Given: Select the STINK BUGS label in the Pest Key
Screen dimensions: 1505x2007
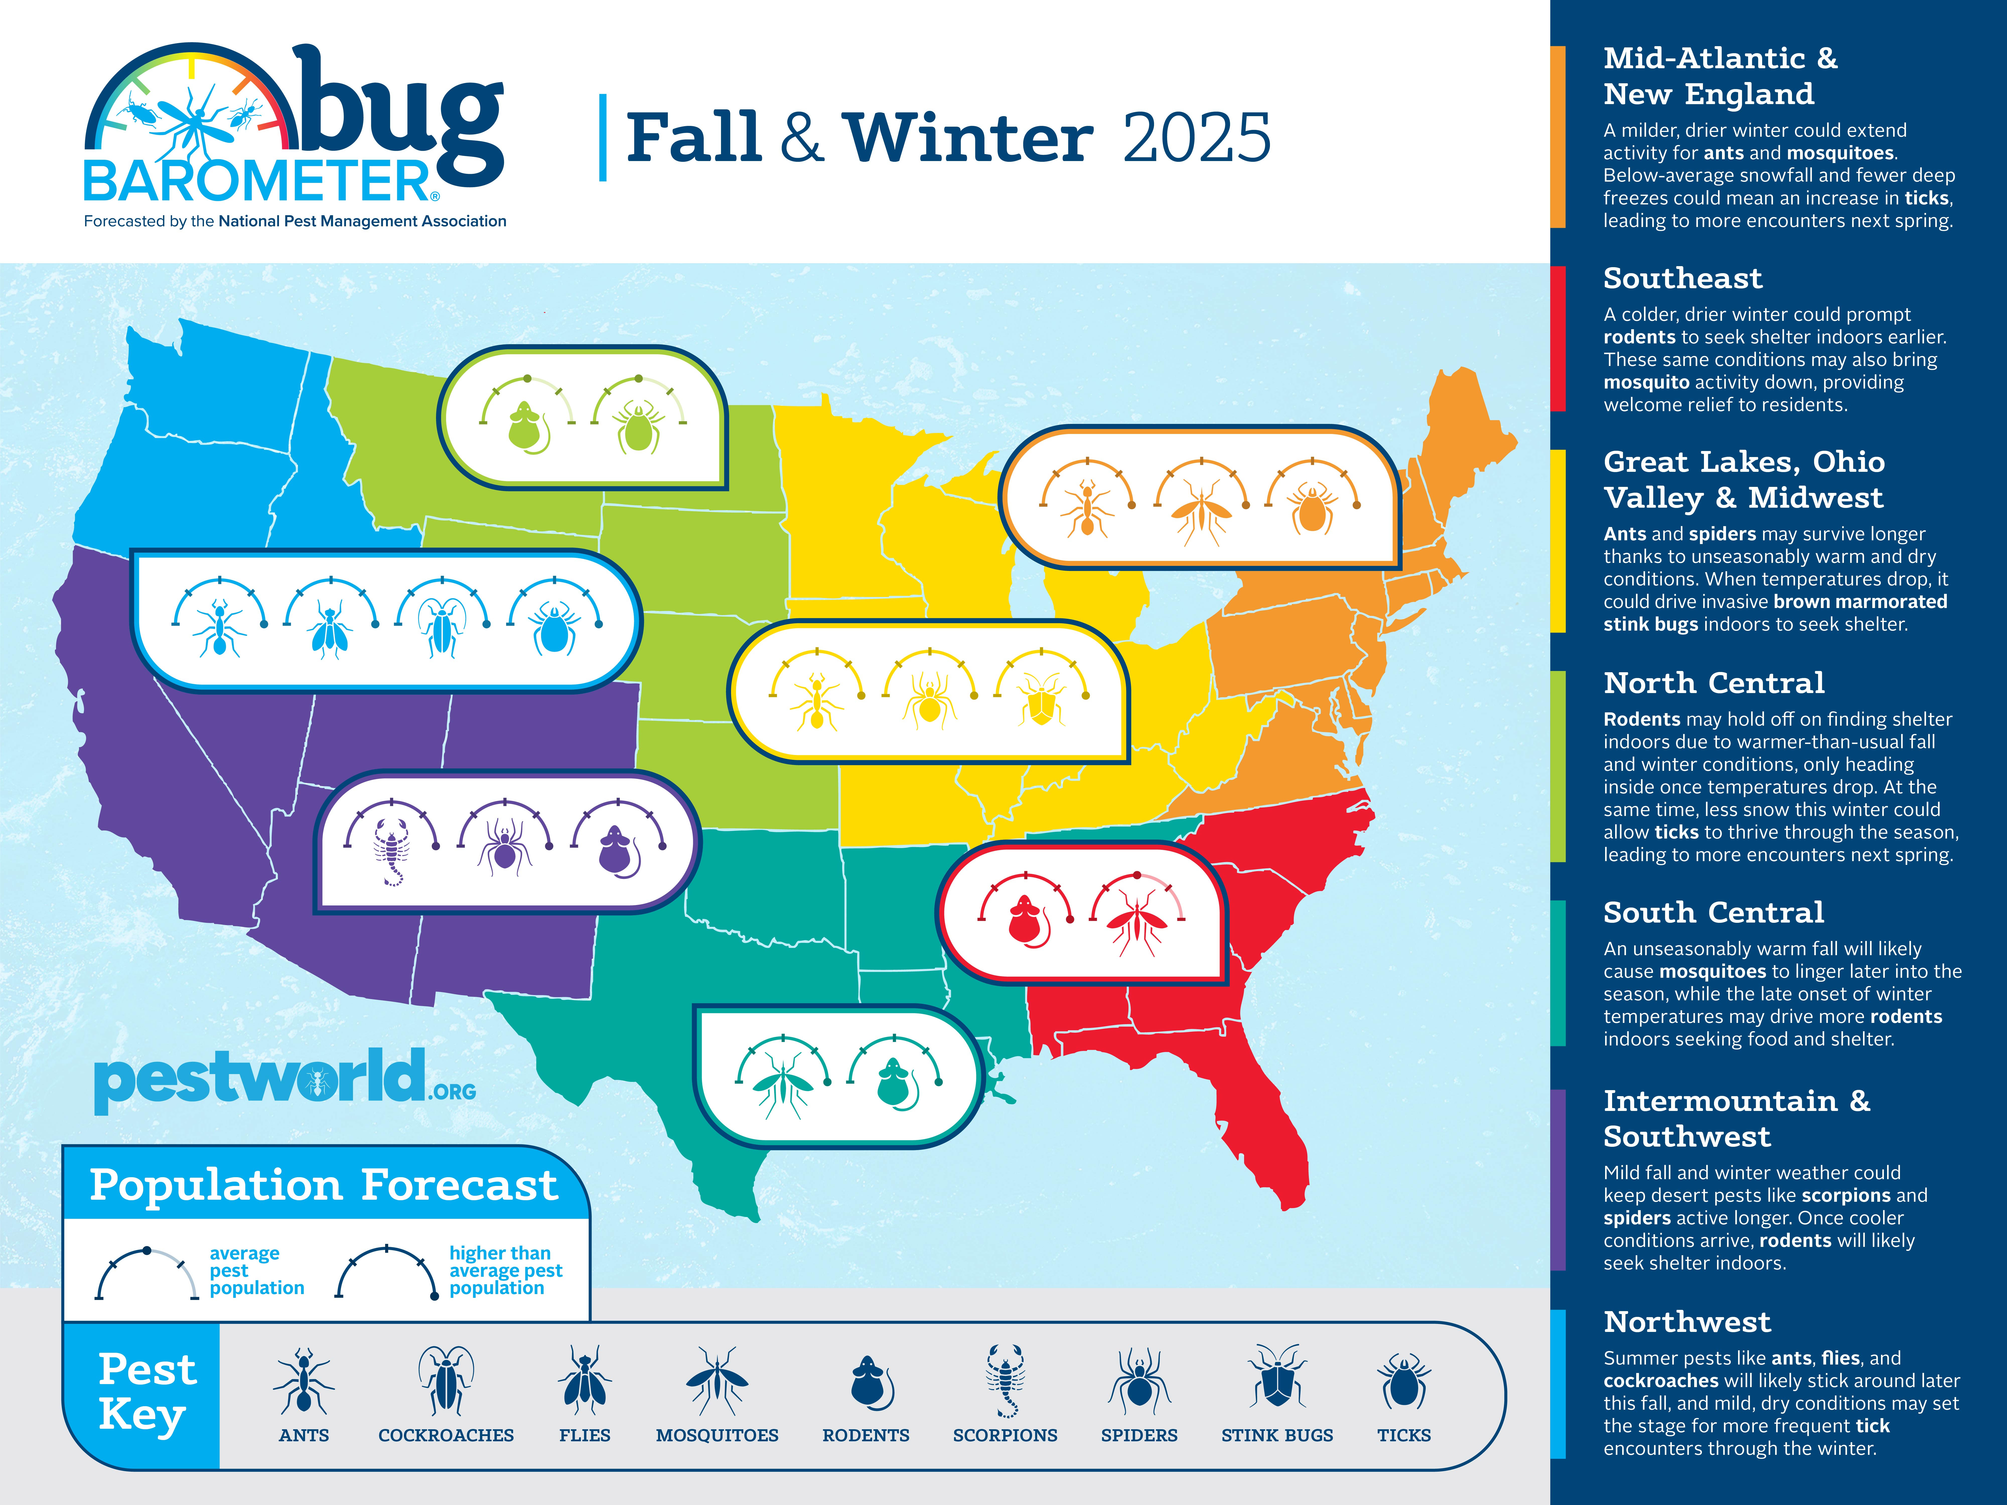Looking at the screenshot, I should pos(1277,1435).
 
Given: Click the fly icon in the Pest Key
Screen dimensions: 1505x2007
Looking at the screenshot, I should pos(584,1381).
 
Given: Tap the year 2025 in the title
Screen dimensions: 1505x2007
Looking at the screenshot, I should pos(1196,139).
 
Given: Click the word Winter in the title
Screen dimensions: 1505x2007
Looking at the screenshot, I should pos(968,139).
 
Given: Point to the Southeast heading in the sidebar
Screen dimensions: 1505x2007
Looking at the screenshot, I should pos(1682,278).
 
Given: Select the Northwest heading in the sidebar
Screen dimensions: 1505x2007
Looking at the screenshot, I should pos(1687,1322).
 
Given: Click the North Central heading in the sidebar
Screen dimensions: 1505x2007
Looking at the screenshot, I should pos(1713,682).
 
